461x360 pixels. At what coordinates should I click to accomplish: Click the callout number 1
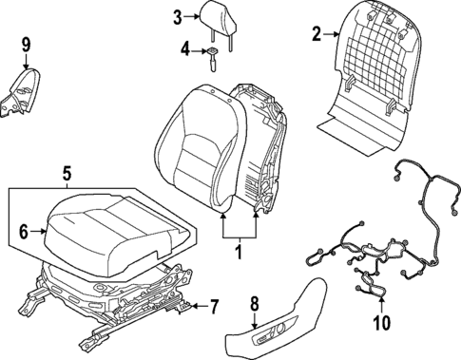pos(239,253)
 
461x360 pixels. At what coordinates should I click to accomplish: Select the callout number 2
pos(317,36)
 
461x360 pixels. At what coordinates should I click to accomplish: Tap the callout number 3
pos(178,16)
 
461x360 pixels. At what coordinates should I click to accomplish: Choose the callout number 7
pos(214,307)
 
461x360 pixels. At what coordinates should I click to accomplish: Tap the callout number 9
pos(26,43)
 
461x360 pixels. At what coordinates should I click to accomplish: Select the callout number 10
pos(381,323)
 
